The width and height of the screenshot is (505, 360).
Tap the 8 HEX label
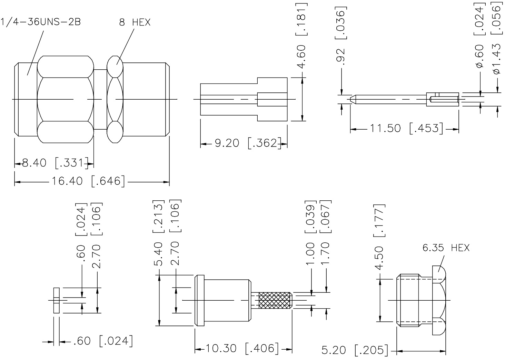click(x=135, y=22)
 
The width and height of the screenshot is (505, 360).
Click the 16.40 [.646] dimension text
click(x=88, y=181)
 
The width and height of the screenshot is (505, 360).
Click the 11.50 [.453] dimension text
click(x=406, y=128)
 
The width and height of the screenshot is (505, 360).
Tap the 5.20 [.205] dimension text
click(x=354, y=350)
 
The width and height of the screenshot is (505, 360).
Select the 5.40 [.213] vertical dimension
click(x=159, y=234)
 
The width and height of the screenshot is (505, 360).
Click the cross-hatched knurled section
click(x=275, y=300)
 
